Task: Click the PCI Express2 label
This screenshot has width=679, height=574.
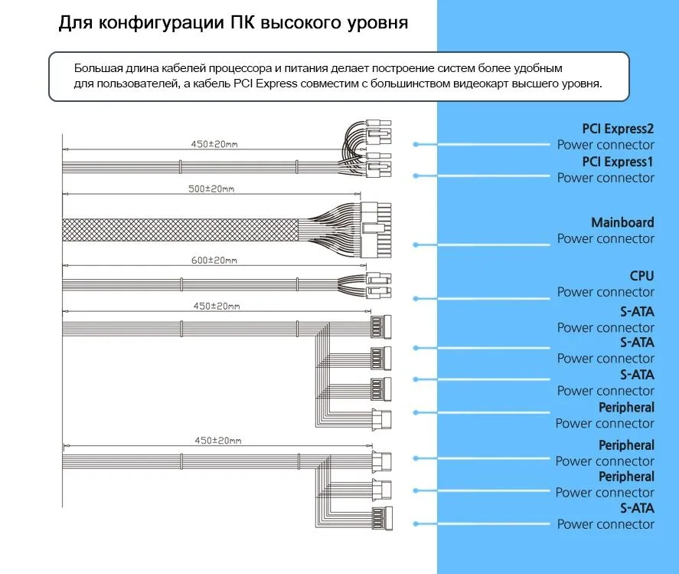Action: pyautogui.click(x=618, y=129)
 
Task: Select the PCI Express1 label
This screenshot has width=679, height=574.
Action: pyautogui.click(x=618, y=162)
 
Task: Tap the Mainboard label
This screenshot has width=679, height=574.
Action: pyautogui.click(x=622, y=222)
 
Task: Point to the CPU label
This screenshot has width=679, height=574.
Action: pyautogui.click(x=641, y=276)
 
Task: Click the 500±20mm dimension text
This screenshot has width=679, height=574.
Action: pyautogui.click(x=211, y=189)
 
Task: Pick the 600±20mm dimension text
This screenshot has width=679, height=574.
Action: pyautogui.click(x=214, y=260)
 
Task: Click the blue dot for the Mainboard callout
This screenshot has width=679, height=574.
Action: pyautogui.click(x=416, y=244)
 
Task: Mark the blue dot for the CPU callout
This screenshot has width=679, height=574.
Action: pyautogui.click(x=416, y=298)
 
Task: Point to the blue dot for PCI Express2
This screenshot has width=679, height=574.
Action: pyautogui.click(x=416, y=143)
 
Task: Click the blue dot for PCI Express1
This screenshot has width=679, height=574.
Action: pyautogui.click(x=416, y=175)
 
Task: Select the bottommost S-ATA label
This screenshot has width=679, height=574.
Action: pyautogui.click(x=637, y=508)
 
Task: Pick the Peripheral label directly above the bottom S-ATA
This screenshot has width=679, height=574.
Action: pyautogui.click(x=626, y=476)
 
